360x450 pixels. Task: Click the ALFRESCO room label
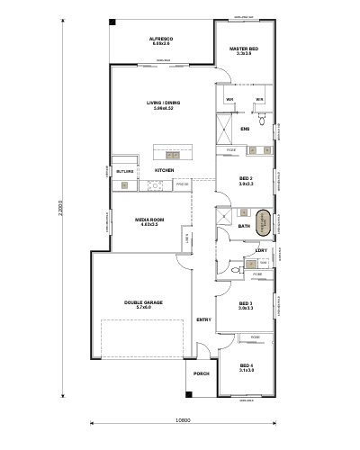pyautogui.click(x=162, y=39)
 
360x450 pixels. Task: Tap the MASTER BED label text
pyautogui.click(x=244, y=49)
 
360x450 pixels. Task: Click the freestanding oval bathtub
pyautogui.click(x=264, y=222)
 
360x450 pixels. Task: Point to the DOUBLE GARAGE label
pyautogui.click(x=143, y=303)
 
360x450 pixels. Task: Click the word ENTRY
pyautogui.click(x=203, y=319)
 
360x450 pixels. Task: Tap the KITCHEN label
pyautogui.click(x=164, y=170)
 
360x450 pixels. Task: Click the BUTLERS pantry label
pyautogui.click(x=124, y=170)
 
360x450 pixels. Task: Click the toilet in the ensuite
pyautogui.click(x=262, y=115)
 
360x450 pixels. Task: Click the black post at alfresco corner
pyautogui.click(x=112, y=22)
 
